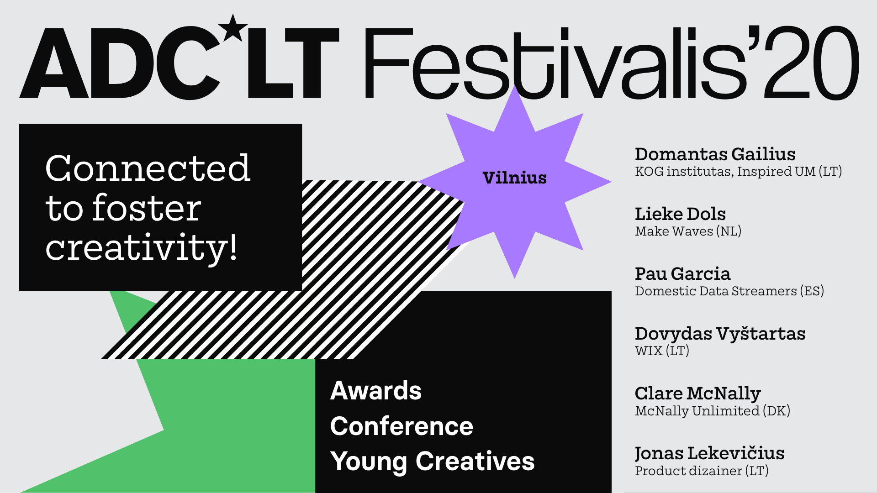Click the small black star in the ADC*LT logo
[233, 28]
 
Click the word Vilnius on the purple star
[514, 178]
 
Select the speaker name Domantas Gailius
[715, 154]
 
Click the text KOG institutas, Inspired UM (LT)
[738, 172]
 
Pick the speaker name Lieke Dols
[680, 214]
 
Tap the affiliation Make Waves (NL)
[688, 231]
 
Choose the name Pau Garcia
[682, 274]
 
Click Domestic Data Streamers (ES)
[729, 291]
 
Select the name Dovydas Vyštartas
[720, 334]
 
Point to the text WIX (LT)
[662, 351]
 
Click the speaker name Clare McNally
[697, 394]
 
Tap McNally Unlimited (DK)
[713, 411]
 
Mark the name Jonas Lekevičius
[709, 454]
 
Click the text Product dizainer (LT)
[702, 471]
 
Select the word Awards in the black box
[376, 391]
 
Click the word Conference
[402, 426]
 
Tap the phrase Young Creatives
[432, 462]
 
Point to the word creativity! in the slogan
[142, 248]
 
